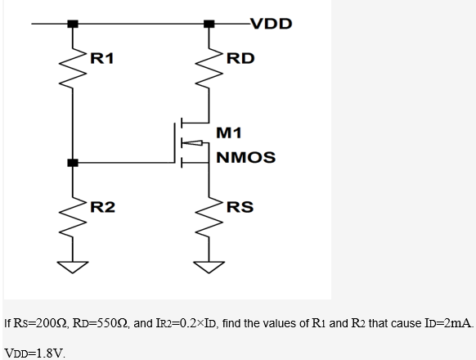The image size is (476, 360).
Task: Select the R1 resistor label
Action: click(x=101, y=58)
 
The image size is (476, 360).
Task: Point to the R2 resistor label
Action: click(x=101, y=206)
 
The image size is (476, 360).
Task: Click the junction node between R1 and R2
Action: click(x=74, y=163)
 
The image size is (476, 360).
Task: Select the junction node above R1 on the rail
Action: click(x=74, y=24)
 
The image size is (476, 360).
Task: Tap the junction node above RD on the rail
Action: click(x=210, y=24)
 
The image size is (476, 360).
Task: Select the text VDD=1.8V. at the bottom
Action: click(x=34, y=353)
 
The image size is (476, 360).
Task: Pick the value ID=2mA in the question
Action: click(x=450, y=324)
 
